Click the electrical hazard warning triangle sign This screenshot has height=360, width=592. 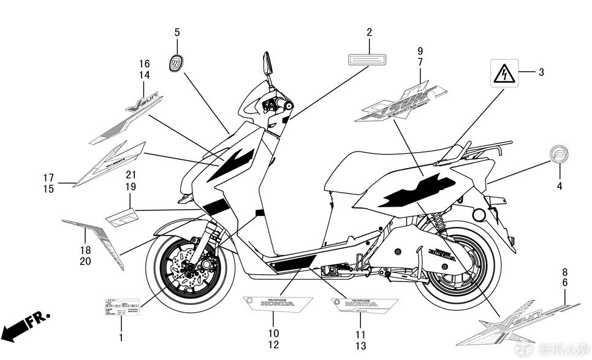click(504, 74)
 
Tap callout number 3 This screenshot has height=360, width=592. click(541, 72)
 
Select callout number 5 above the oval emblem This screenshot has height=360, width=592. click(177, 32)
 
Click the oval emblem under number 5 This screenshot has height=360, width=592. click(176, 63)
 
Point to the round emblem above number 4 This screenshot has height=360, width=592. click(558, 154)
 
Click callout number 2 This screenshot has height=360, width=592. click(370, 32)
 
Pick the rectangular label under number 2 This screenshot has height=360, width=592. click(369, 59)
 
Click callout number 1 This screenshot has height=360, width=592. click(121, 337)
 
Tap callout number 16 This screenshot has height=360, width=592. click(144, 64)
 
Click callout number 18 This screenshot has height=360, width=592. click(85, 250)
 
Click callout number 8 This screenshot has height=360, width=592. click(565, 272)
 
